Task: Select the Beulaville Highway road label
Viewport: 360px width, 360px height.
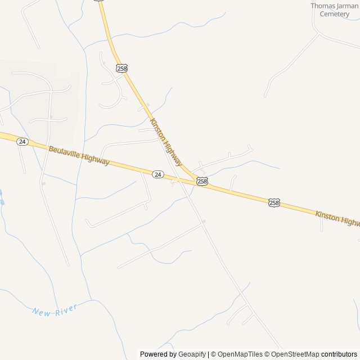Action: tap(79, 156)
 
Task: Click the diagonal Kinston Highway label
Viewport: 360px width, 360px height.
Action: tap(166, 141)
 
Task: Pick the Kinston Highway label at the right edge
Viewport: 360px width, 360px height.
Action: tap(337, 218)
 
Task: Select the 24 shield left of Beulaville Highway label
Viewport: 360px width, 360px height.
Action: tap(22, 141)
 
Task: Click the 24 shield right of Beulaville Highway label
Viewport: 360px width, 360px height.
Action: tap(158, 175)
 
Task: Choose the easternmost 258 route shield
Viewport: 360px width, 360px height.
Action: tap(274, 202)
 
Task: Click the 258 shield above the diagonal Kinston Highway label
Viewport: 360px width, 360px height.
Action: tap(121, 68)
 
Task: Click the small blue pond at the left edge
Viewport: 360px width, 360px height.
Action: tap(2, 199)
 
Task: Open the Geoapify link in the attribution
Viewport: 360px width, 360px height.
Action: tap(192, 354)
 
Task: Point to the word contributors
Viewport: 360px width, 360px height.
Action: tap(339, 354)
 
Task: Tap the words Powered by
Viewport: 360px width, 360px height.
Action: tap(158, 354)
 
